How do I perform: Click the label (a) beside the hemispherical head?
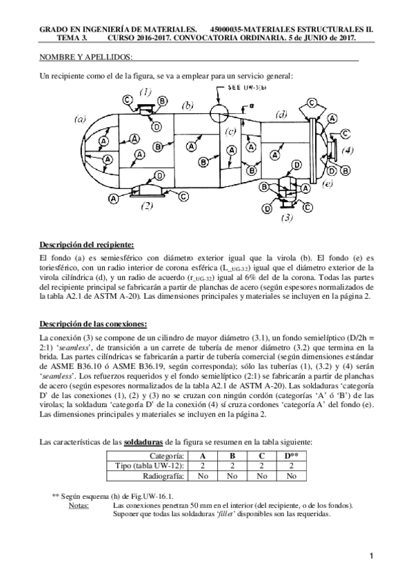(80, 119)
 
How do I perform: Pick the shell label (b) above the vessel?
(187, 106)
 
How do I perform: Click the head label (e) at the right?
(328, 183)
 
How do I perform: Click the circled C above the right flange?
(312, 103)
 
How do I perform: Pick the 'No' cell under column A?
(203, 475)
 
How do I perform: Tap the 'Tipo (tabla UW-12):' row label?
(149, 466)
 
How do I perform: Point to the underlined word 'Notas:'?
(79, 505)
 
